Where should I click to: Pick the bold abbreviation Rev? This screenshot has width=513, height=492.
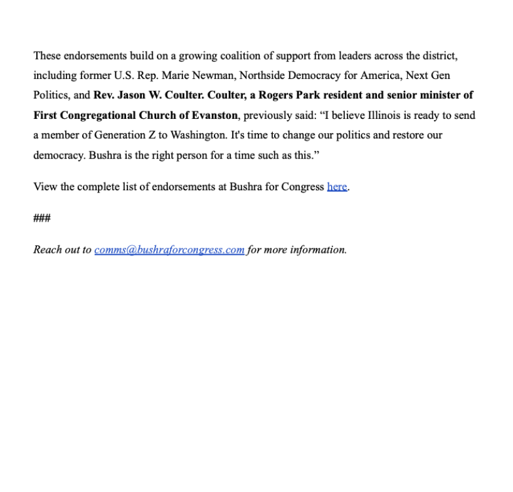point(103,96)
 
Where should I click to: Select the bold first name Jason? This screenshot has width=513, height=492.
point(130,96)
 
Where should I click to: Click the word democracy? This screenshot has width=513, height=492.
point(58,156)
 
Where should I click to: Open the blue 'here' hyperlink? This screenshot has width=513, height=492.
point(337,187)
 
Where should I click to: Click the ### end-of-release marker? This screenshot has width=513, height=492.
point(42,218)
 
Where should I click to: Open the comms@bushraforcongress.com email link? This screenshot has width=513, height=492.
point(169,250)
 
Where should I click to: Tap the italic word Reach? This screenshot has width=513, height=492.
point(48,250)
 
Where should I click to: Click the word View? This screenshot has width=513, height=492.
point(45,187)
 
